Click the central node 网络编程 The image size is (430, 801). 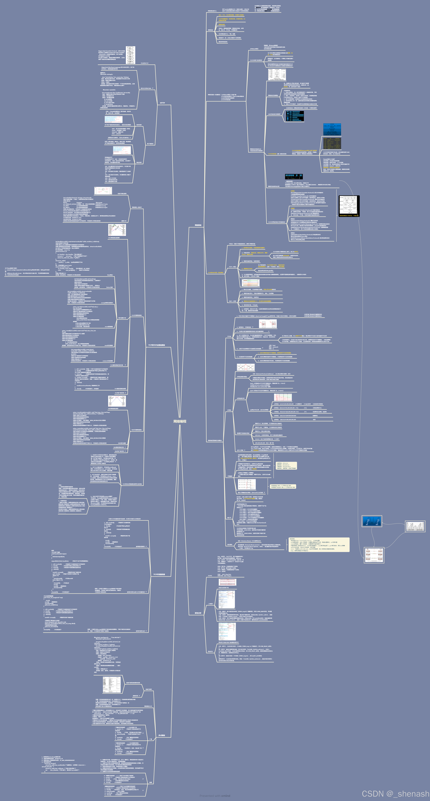[x=180, y=421]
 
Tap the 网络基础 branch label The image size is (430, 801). [x=198, y=225]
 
